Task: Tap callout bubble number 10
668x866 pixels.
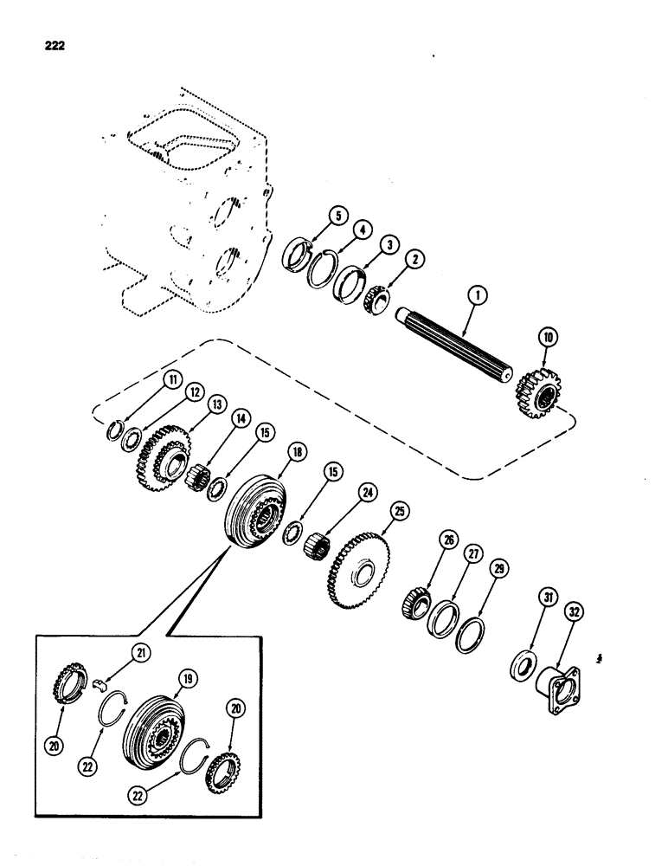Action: pos(546,353)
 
